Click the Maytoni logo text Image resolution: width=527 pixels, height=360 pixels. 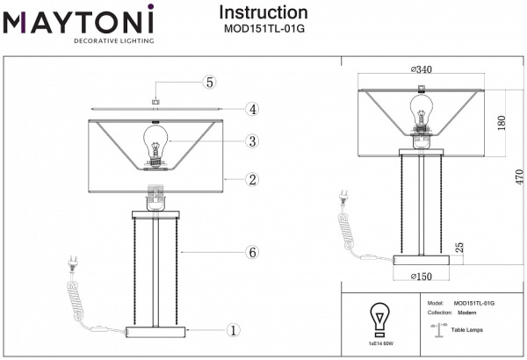coord(79,18)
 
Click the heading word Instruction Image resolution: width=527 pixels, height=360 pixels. coord(263,12)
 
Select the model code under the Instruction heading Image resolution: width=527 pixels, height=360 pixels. coord(263,27)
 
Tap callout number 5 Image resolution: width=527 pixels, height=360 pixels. coord(209,83)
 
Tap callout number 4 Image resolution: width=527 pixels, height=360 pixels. coord(251,110)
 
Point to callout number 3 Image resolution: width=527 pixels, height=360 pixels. coord(251,141)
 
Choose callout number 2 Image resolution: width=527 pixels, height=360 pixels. coord(251,180)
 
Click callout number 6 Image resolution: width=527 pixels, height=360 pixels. coord(251,253)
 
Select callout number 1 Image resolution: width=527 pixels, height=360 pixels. coord(233,331)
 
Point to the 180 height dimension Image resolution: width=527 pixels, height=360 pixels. coord(502,122)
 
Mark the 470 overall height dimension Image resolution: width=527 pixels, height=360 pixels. coord(517,176)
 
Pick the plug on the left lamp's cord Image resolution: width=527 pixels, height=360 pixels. coord(69,263)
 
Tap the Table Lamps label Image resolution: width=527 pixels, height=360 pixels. coord(466,328)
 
